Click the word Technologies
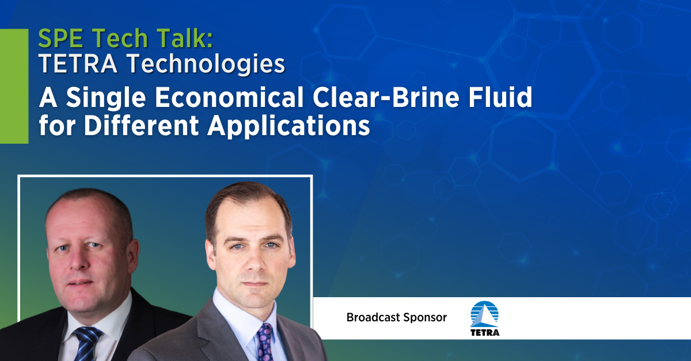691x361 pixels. (x=203, y=66)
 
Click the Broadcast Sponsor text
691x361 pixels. (x=396, y=317)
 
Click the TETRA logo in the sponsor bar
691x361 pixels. (x=485, y=318)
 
